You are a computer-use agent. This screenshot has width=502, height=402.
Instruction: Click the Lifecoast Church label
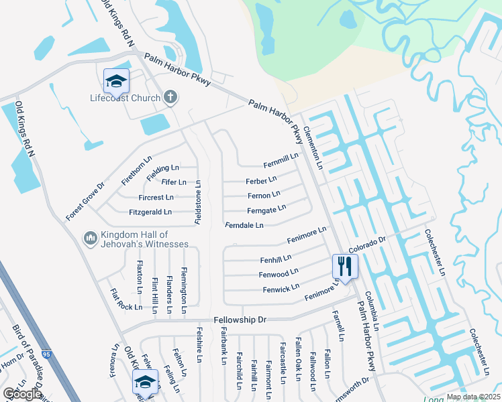(x=125, y=98)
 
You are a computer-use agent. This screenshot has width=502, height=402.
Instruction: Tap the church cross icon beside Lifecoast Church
(x=170, y=98)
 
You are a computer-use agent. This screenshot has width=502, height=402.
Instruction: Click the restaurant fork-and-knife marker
(x=345, y=267)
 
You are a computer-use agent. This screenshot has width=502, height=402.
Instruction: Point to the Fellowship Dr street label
(x=240, y=320)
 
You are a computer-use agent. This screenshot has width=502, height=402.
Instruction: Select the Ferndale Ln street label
(x=244, y=225)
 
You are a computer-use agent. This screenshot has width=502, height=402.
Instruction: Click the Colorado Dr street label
(x=368, y=246)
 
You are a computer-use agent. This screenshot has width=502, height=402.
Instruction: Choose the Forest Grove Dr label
(x=85, y=202)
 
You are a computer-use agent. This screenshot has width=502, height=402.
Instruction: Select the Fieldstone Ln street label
(x=199, y=202)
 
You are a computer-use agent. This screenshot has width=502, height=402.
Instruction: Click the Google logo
(x=23, y=393)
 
